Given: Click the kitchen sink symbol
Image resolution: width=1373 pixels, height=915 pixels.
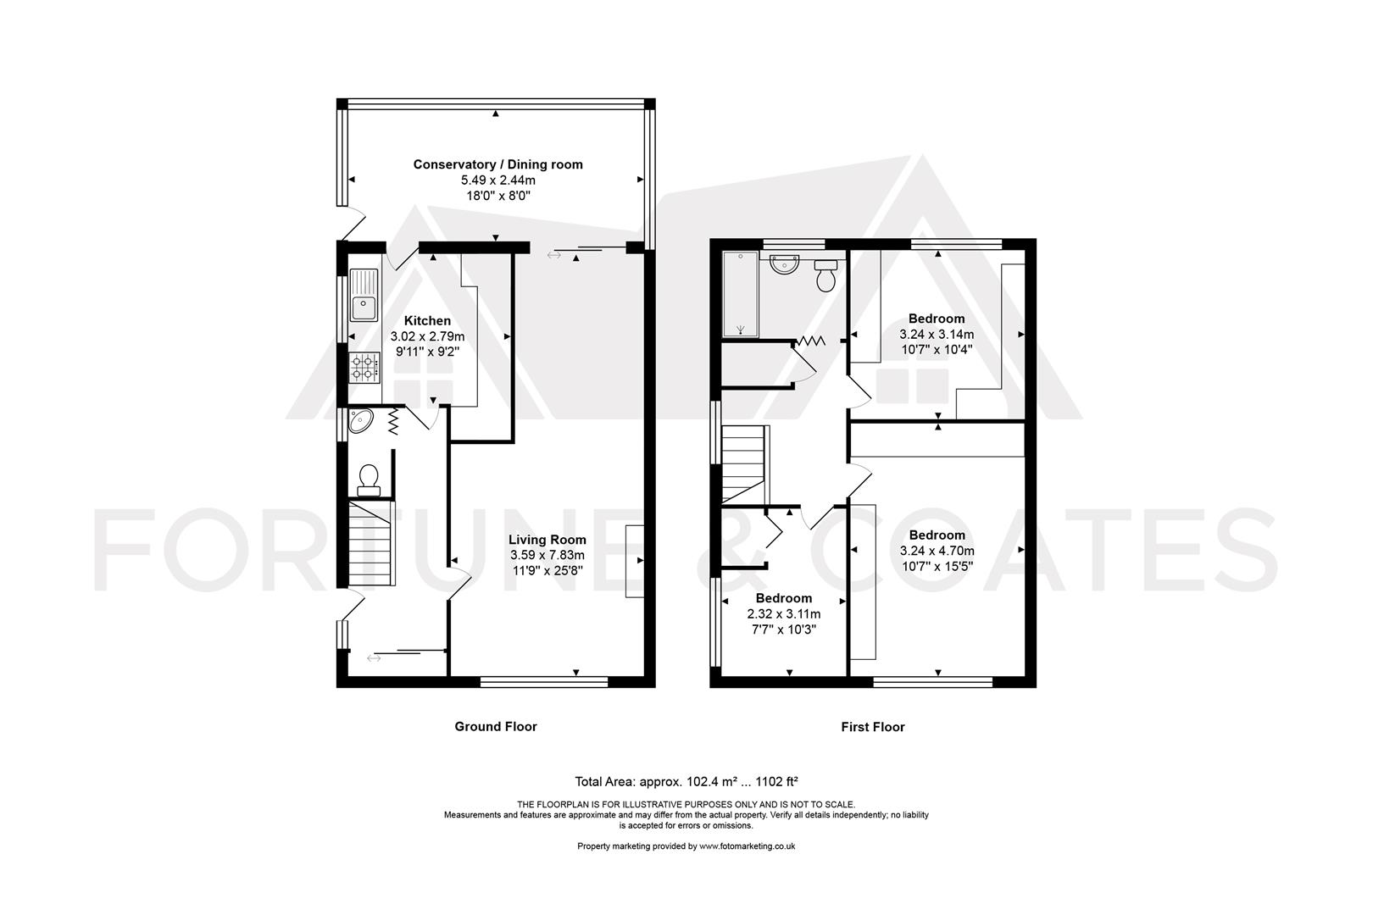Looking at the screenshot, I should (364, 295).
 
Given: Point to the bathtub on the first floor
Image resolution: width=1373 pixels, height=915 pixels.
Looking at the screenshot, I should (740, 294).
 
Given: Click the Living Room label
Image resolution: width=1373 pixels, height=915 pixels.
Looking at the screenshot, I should (547, 540).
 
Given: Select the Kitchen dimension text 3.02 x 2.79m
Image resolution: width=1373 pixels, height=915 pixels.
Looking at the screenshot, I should (427, 336).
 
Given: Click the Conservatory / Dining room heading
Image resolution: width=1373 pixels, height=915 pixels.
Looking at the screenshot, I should (498, 164).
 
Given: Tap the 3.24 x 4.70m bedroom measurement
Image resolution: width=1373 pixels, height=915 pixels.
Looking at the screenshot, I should (937, 551).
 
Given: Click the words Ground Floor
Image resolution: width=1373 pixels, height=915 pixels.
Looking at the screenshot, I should (496, 726).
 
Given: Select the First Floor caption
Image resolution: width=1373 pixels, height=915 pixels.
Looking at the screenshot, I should (872, 727).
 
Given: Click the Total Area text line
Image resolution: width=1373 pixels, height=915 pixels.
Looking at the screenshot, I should (686, 781).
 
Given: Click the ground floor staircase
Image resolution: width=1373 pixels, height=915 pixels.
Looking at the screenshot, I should (371, 542).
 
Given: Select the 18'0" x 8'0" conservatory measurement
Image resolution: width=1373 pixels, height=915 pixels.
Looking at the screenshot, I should (498, 196).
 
